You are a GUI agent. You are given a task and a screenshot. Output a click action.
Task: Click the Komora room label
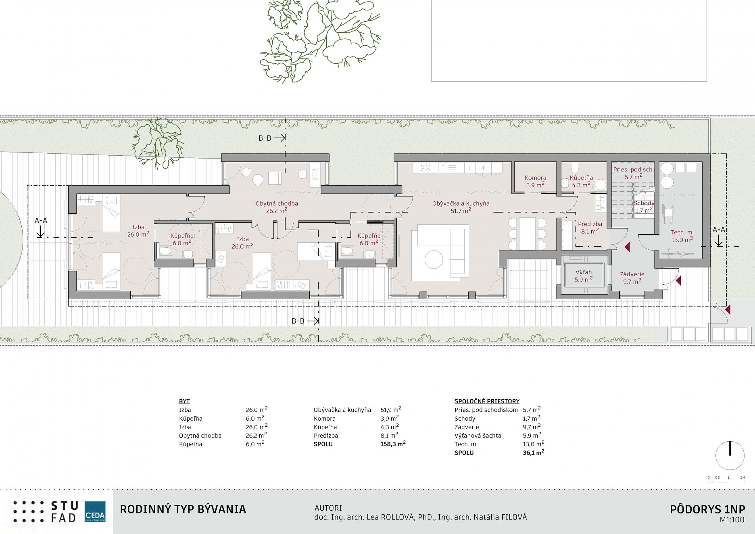535,178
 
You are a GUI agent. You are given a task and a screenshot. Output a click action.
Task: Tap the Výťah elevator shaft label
584,272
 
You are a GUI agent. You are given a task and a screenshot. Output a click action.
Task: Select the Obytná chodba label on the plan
277,204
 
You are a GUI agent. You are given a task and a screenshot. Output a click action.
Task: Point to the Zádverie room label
632,274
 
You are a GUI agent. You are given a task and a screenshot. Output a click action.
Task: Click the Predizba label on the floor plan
590,224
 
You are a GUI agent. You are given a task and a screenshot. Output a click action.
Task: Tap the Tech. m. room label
682,232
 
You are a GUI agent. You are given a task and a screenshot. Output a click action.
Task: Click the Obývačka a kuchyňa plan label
461,204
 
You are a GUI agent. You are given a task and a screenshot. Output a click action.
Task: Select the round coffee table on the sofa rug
434,259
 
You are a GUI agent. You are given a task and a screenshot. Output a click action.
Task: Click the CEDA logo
95,512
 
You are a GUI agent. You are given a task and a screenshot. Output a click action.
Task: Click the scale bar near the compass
726,478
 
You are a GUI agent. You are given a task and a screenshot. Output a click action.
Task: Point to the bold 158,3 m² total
393,444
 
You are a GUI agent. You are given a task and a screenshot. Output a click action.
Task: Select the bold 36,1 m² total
534,453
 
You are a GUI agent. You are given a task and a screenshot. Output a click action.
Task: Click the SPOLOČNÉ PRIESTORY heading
487,401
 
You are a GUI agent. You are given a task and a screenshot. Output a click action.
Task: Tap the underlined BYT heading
184,401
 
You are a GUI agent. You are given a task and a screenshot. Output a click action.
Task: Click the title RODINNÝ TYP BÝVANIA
183,509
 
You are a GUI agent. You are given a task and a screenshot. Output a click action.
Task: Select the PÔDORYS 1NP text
707,509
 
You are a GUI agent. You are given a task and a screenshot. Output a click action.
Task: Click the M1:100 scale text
732,520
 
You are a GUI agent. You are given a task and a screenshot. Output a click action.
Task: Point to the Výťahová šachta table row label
478,436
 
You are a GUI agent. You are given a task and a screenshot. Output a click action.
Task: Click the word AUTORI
328,508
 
